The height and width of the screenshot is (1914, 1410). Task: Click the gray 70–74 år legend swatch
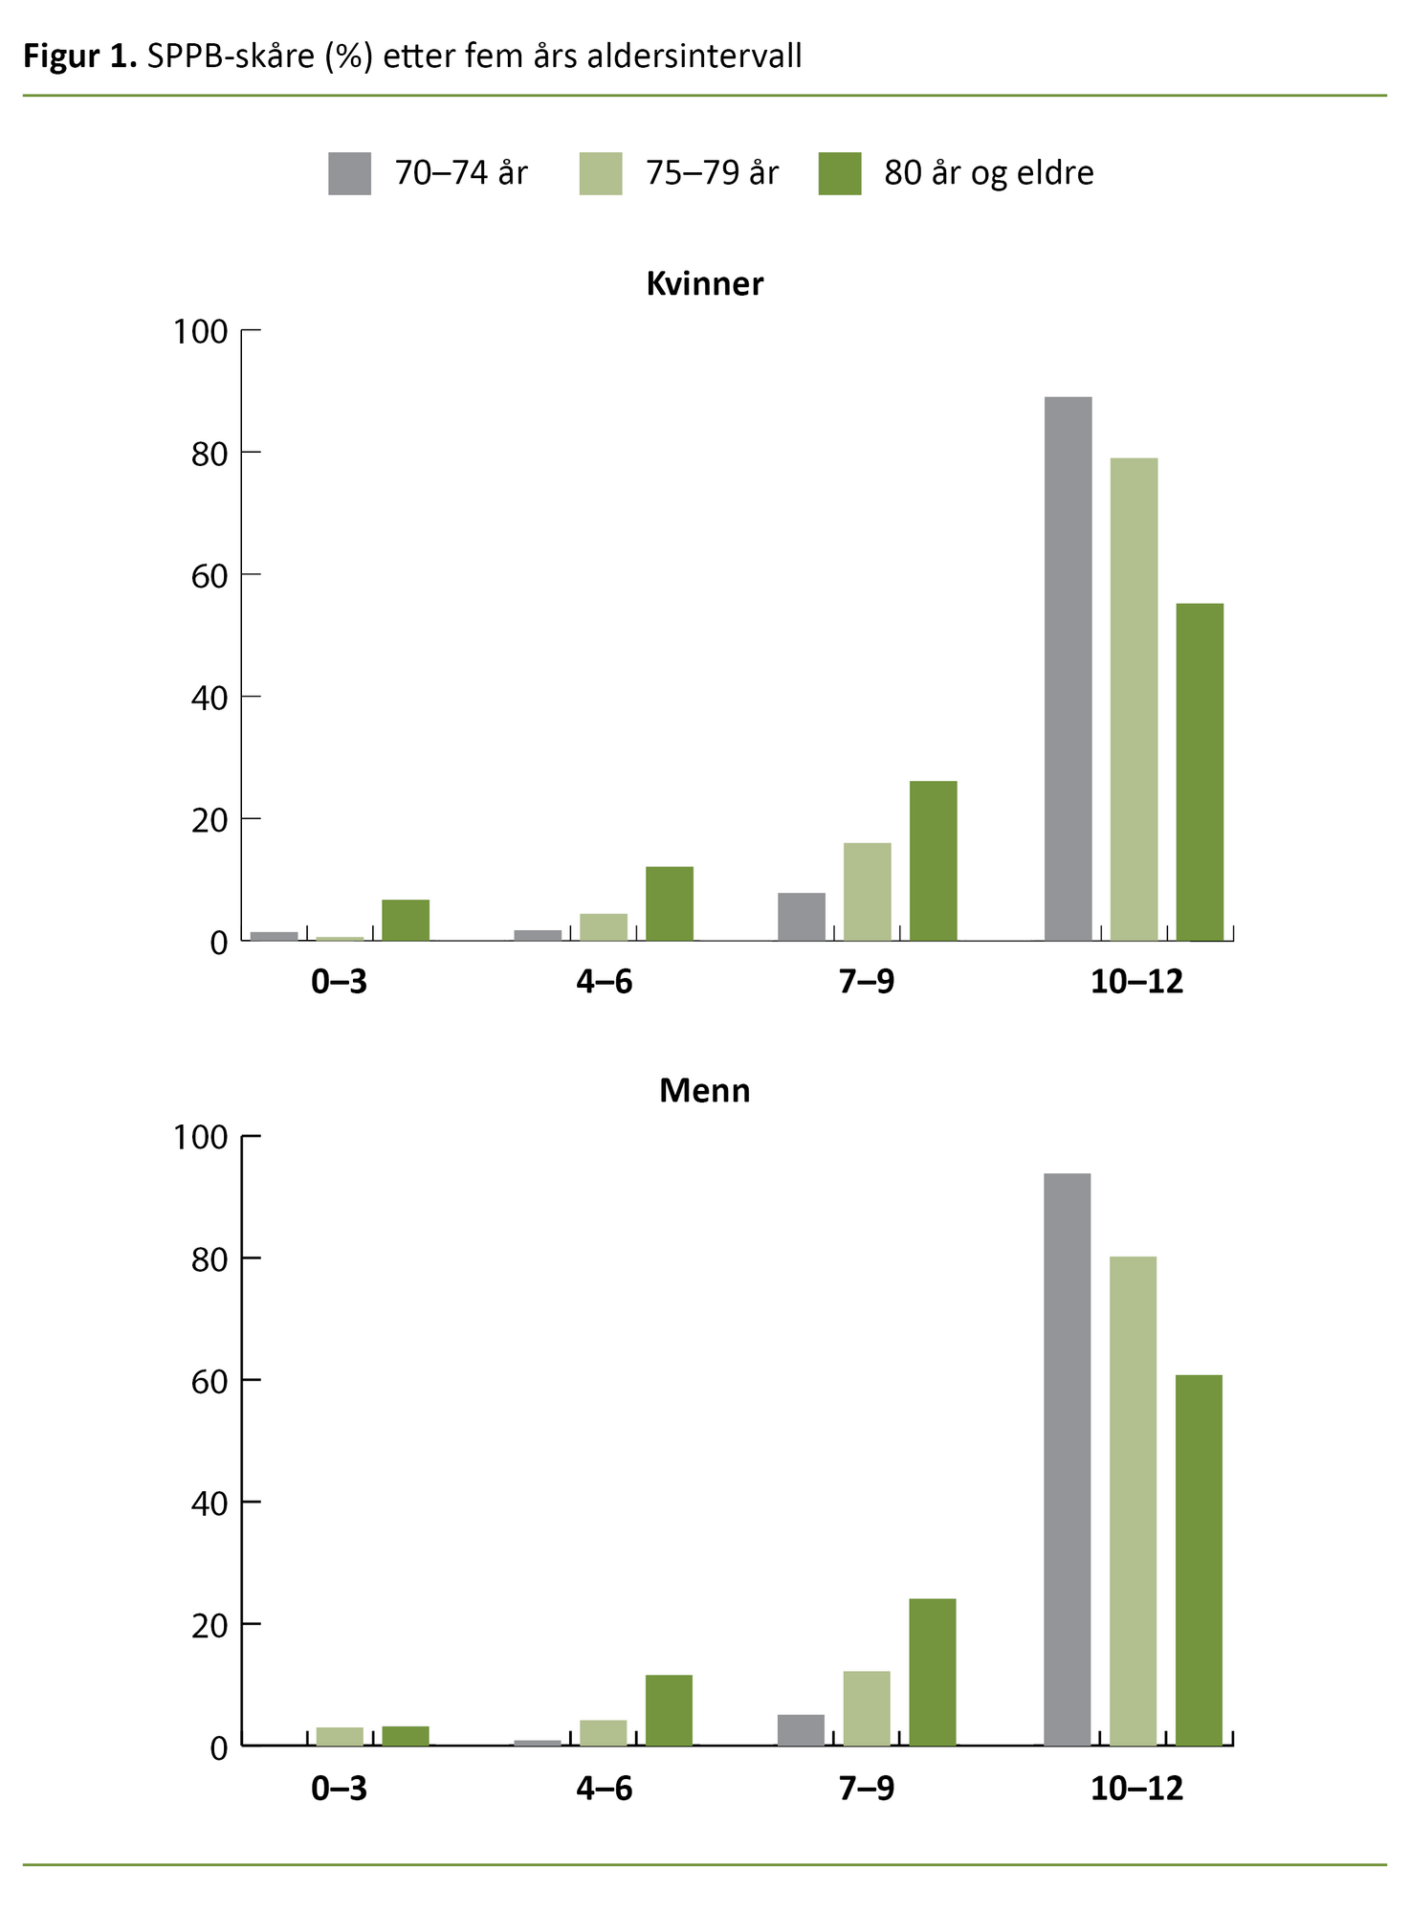pyautogui.click(x=349, y=173)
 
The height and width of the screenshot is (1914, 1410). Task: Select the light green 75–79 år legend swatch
pyautogui.click(x=600, y=173)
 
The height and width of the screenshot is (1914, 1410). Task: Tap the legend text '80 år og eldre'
pyautogui.click(x=988, y=173)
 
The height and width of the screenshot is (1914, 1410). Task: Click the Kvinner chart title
pyautogui.click(x=705, y=284)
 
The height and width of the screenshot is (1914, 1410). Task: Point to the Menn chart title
pyautogui.click(x=705, y=1091)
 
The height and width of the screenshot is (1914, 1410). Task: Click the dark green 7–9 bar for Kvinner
pyautogui.click(x=933, y=860)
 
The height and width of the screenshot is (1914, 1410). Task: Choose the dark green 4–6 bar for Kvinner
pyautogui.click(x=669, y=903)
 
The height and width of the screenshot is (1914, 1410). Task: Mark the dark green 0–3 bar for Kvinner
pyautogui.click(x=406, y=920)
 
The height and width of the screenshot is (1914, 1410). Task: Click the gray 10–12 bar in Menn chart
pyautogui.click(x=1067, y=1459)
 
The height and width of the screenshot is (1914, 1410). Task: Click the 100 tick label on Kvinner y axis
pyautogui.click(x=200, y=332)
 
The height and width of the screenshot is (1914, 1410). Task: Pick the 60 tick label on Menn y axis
pyautogui.click(x=209, y=1381)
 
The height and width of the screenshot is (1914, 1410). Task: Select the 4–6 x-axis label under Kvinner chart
pyautogui.click(x=604, y=982)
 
